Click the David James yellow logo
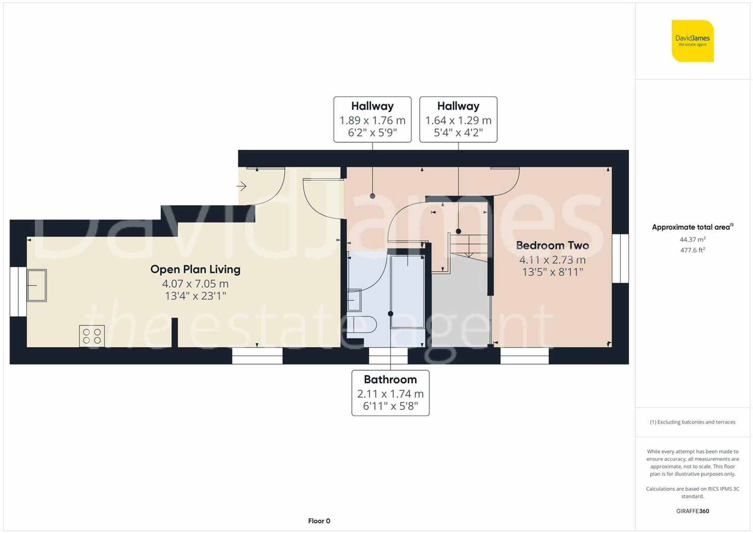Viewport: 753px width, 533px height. click(x=693, y=41)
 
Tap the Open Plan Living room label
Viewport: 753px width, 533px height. click(x=195, y=269)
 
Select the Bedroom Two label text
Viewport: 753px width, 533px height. click(x=552, y=246)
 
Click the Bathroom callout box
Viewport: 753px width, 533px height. click(x=390, y=393)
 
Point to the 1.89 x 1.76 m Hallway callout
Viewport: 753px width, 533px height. click(x=372, y=119)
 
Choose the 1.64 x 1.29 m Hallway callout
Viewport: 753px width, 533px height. click(x=458, y=119)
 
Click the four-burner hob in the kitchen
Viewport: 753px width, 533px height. click(x=92, y=336)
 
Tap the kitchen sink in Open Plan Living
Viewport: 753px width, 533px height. click(x=37, y=286)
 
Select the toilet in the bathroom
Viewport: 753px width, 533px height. click(x=361, y=324)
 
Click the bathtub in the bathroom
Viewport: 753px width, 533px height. click(x=408, y=292)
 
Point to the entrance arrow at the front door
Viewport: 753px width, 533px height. click(x=241, y=186)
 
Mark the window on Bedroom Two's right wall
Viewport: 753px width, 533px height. click(x=620, y=258)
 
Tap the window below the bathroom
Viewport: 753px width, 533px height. click(x=388, y=356)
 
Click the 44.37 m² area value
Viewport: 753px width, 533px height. click(x=693, y=240)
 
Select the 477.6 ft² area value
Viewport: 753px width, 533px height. click(x=693, y=250)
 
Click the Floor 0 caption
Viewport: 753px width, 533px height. click(x=319, y=521)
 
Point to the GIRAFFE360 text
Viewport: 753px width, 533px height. click(x=693, y=511)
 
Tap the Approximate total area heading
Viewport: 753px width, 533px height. click(x=693, y=227)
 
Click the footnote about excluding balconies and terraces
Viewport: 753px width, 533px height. click(x=693, y=422)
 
